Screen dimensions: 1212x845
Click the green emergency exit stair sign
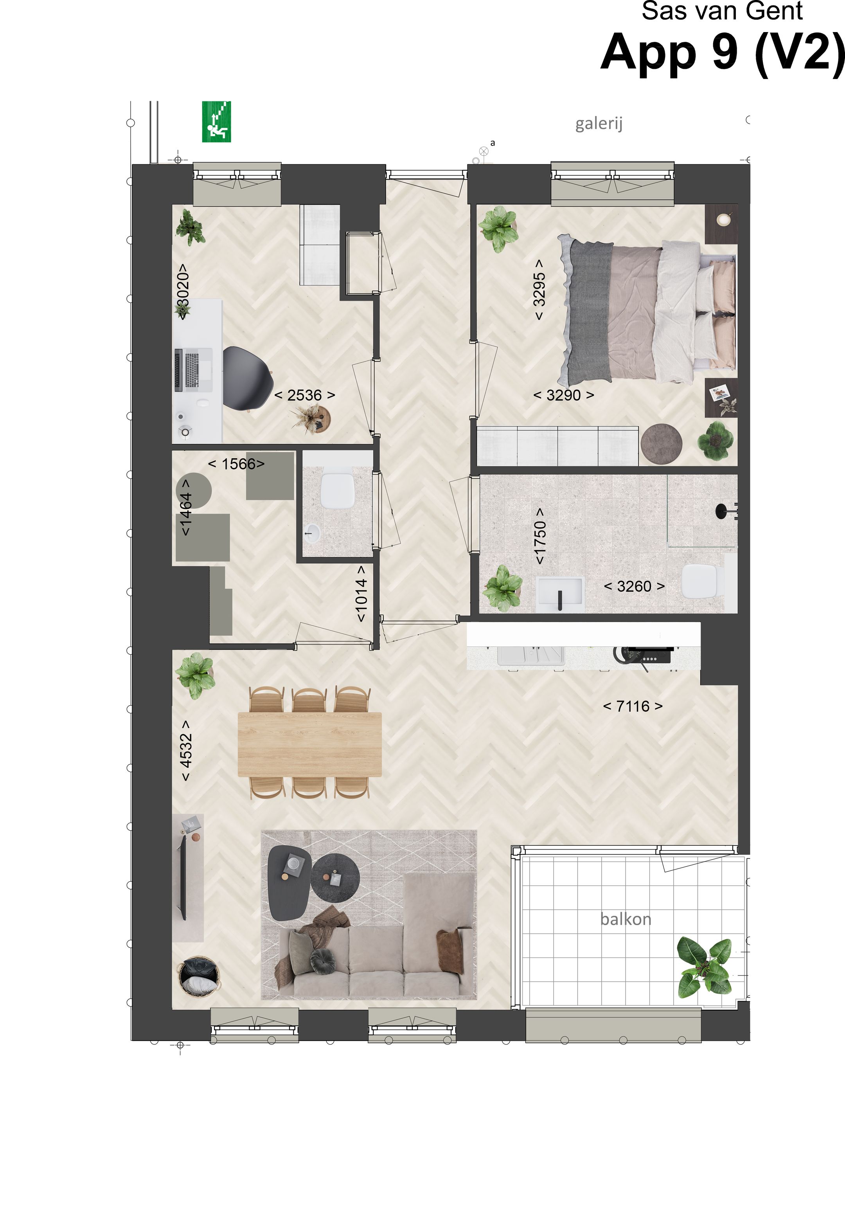pyautogui.click(x=216, y=122)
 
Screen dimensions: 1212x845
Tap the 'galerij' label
pyautogui.click(x=599, y=124)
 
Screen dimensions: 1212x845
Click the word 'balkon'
pyautogui.click(x=626, y=919)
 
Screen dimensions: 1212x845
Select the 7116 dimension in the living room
pyautogui.click(x=632, y=706)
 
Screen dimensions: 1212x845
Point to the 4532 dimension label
pyautogui.click(x=186, y=750)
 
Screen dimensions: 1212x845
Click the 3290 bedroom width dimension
pyautogui.click(x=563, y=395)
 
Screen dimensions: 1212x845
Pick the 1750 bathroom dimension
pyautogui.click(x=539, y=536)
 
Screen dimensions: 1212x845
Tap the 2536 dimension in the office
pyautogui.click(x=304, y=395)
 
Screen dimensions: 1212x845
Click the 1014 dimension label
pyautogui.click(x=361, y=594)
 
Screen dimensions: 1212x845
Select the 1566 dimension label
pyautogui.click(x=236, y=464)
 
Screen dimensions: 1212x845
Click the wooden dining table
pyautogui.click(x=309, y=745)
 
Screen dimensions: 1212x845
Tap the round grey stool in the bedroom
pyautogui.click(x=661, y=444)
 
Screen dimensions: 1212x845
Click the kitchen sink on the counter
pyautogui.click(x=530, y=655)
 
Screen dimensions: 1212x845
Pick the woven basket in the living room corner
pyautogui.click(x=198, y=977)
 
